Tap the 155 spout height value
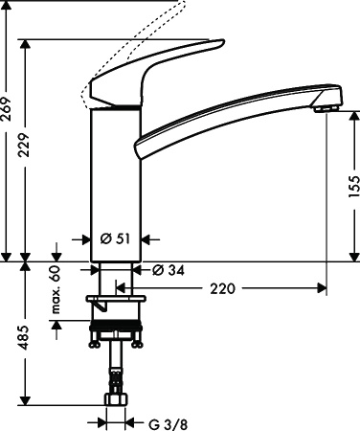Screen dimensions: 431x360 click(x=351, y=190)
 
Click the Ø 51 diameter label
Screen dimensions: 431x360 click(x=115, y=239)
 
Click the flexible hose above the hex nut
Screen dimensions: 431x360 click(x=116, y=369)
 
